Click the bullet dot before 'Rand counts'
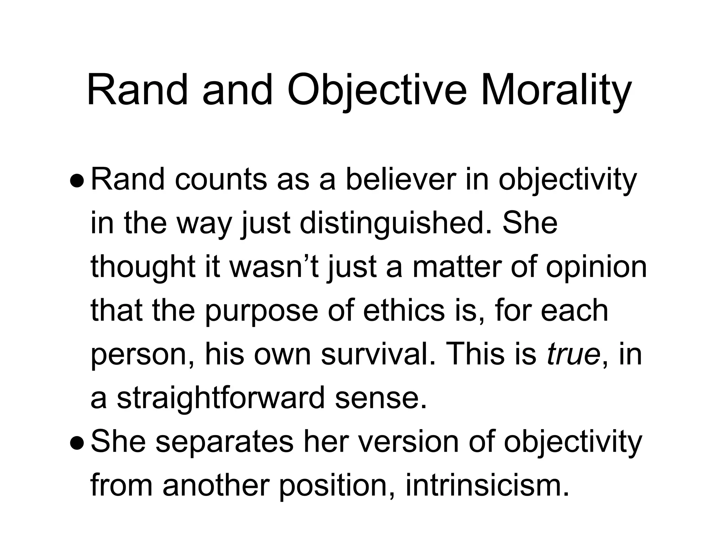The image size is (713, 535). pyautogui.click(x=76, y=181)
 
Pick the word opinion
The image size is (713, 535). pyautogui.click(x=596, y=267)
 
